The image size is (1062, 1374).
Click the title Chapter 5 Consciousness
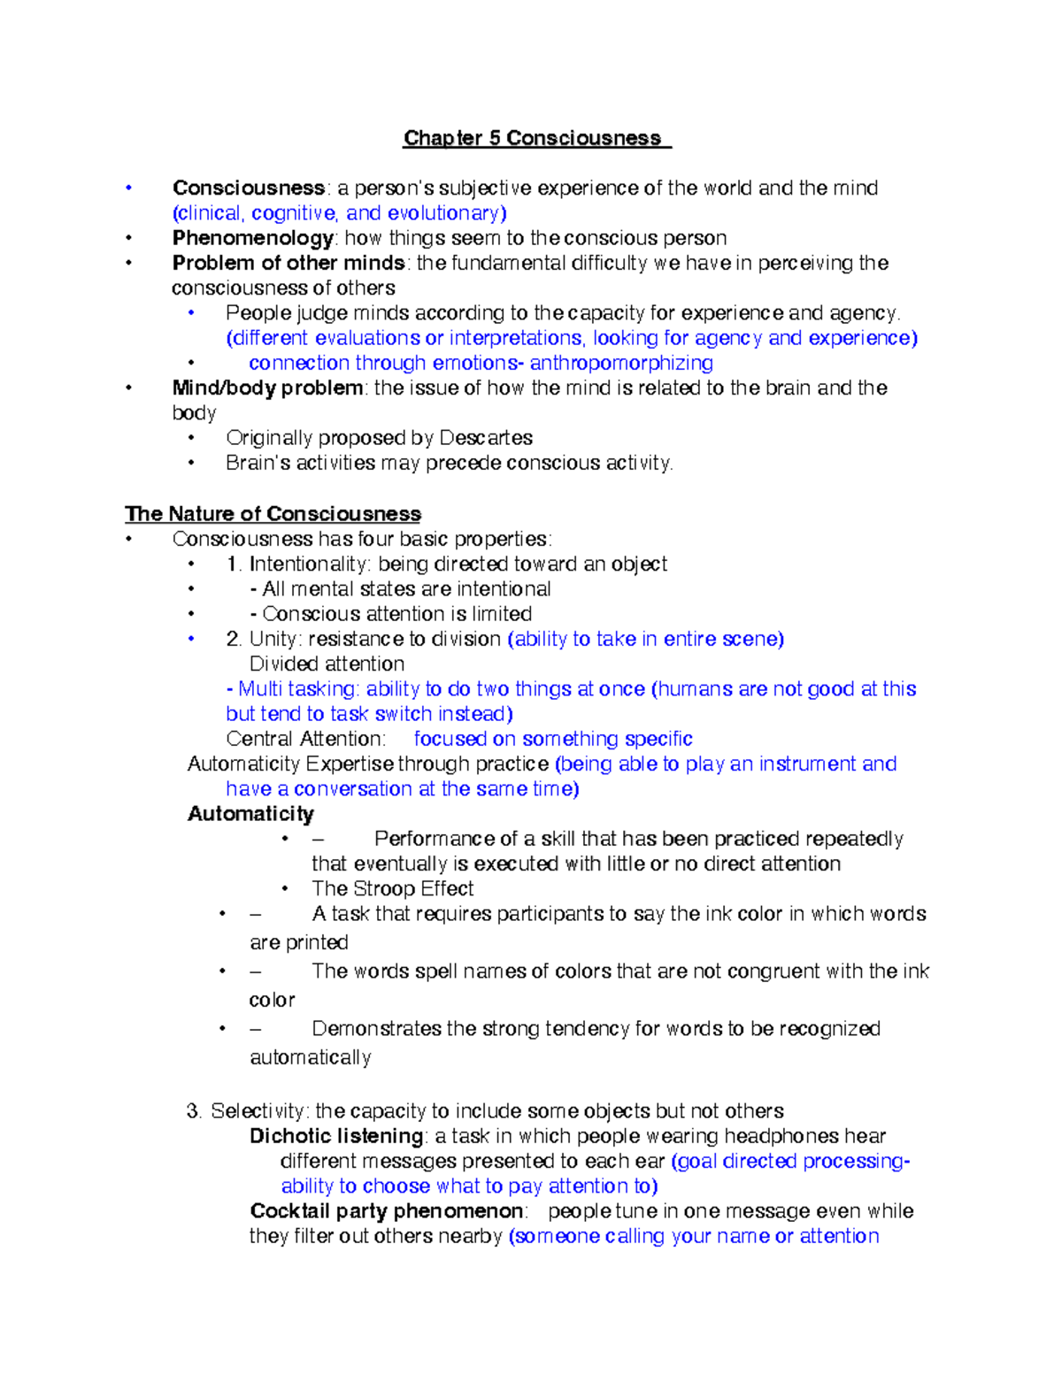tap(533, 138)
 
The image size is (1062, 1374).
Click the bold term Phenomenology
tap(252, 238)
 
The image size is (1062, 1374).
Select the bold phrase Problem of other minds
tap(289, 263)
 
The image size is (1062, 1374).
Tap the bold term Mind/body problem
tap(267, 388)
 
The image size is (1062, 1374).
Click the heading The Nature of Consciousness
tap(273, 514)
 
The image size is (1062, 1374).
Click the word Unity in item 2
tap(272, 639)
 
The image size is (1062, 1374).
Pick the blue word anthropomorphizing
tap(621, 363)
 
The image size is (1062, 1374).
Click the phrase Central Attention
tap(305, 739)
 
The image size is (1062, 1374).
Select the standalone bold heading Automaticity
tap(250, 814)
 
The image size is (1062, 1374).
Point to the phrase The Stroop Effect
tap(392, 888)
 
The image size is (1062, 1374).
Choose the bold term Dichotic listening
tap(336, 1136)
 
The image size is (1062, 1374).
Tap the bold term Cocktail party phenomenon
tap(387, 1211)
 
